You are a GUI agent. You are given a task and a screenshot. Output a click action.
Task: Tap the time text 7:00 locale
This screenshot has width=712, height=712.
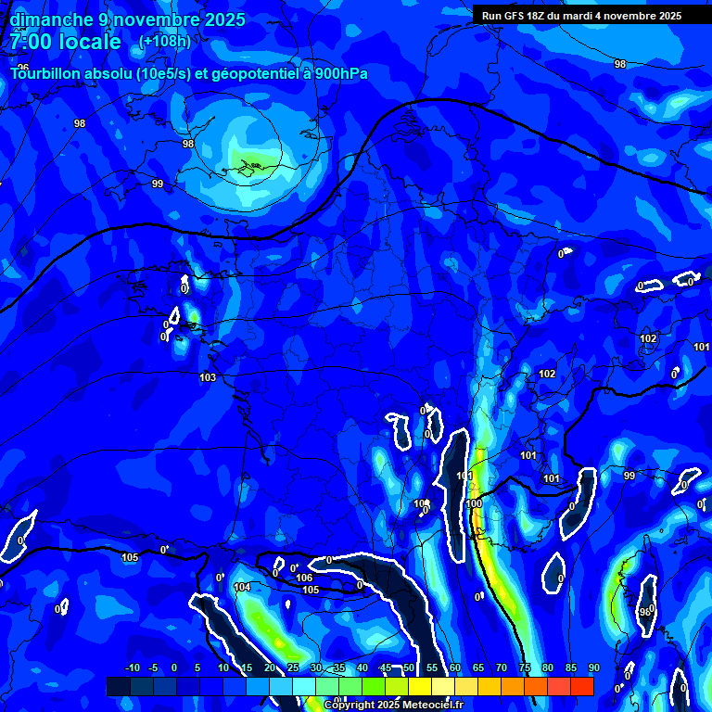tap(66, 42)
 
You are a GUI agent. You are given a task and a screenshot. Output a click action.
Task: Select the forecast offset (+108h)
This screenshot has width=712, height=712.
tap(165, 42)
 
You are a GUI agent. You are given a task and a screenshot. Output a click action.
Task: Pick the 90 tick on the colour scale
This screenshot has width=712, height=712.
tap(592, 668)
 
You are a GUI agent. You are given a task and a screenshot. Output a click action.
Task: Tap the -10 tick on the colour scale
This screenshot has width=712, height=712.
tap(132, 668)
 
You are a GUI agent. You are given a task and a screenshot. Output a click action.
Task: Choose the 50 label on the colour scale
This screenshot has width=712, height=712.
tap(408, 668)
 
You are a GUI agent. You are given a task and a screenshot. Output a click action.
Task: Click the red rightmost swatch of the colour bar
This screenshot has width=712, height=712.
tap(581, 686)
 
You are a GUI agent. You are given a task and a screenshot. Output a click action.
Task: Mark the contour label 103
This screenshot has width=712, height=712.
tap(208, 377)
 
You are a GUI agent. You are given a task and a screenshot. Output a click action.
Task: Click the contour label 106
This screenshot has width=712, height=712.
tap(304, 578)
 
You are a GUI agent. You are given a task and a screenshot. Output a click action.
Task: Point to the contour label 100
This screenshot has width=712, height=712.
tap(474, 503)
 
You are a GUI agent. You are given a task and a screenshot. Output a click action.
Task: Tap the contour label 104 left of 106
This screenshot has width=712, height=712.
tap(242, 587)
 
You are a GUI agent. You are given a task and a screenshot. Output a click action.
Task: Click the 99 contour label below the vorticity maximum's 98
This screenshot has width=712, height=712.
tap(158, 184)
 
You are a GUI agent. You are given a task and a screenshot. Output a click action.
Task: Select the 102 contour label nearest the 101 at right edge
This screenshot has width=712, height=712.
tap(648, 338)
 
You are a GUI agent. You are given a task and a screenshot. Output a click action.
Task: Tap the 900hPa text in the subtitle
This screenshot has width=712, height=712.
tap(342, 73)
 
